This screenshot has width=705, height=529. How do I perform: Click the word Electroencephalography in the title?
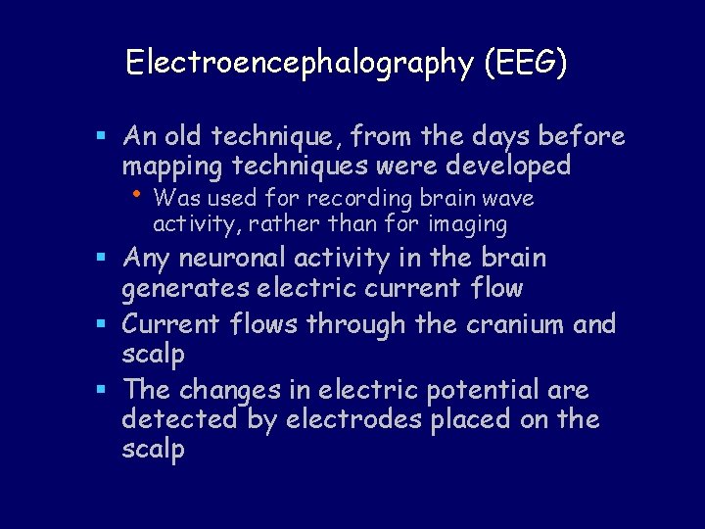(x=300, y=64)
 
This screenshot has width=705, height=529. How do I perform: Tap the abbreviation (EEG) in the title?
(x=524, y=64)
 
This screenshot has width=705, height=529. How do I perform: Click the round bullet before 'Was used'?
(x=142, y=196)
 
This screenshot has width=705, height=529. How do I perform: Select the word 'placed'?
(x=481, y=419)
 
